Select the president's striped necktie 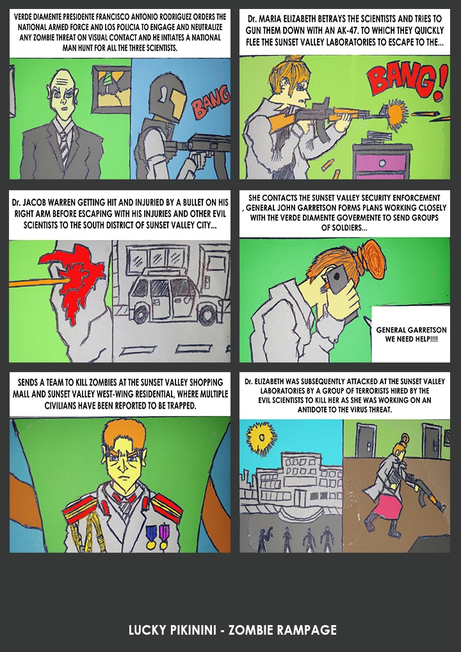tap(63, 147)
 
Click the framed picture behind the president tap(111, 89)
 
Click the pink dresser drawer tap(381, 162)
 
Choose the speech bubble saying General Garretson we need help tap(410, 334)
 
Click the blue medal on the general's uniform tap(151, 535)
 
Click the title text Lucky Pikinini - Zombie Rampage tap(232, 630)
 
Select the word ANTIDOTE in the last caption tap(314, 409)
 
